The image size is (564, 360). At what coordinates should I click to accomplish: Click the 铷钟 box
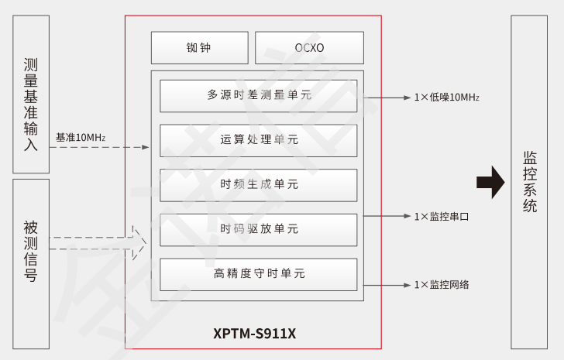199,47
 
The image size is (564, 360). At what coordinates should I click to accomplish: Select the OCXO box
309,47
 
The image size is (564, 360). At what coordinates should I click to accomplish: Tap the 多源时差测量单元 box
259,96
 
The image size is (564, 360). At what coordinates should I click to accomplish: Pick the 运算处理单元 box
259,140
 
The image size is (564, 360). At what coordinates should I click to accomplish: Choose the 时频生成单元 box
259,184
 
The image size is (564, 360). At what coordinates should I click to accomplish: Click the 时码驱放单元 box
259,229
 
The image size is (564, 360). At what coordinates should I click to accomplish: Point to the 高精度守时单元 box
259,274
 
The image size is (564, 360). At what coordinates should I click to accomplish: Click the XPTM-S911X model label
255,334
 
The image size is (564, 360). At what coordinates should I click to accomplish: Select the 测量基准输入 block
31,94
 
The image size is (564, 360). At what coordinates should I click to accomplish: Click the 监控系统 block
534,182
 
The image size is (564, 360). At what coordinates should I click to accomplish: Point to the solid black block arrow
490,183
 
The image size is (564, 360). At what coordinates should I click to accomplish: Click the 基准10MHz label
80,138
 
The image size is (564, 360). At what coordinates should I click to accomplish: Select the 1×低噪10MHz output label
446,98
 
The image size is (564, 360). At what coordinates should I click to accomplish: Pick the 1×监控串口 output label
441,217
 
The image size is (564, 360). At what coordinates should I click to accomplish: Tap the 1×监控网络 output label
441,284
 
